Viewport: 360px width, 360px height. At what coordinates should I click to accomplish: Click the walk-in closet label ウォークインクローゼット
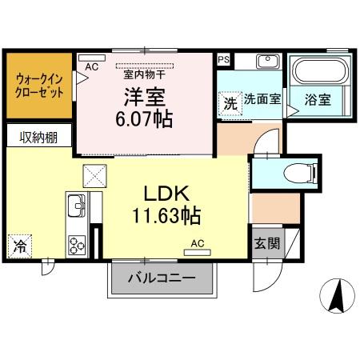point(38,85)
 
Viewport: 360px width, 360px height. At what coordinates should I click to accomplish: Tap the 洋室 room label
point(144,97)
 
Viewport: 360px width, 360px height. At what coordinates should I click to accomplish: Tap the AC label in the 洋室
point(91,67)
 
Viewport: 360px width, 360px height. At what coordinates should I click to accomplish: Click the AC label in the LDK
point(196,242)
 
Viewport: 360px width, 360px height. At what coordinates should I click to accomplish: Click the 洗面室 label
point(262,100)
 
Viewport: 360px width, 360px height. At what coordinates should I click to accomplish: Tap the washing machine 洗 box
point(230,103)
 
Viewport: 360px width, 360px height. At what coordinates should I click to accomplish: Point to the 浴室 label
point(318,100)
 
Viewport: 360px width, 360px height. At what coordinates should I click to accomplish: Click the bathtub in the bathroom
point(318,71)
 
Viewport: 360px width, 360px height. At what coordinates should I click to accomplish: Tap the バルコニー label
point(163,280)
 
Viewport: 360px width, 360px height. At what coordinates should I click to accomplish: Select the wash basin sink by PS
point(266,62)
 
